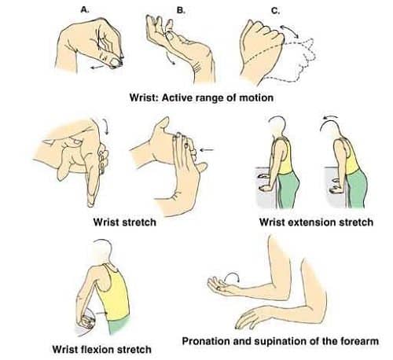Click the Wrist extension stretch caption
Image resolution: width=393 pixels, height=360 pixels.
pos(316,222)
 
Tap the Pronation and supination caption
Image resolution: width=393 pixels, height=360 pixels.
pos(281,341)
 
